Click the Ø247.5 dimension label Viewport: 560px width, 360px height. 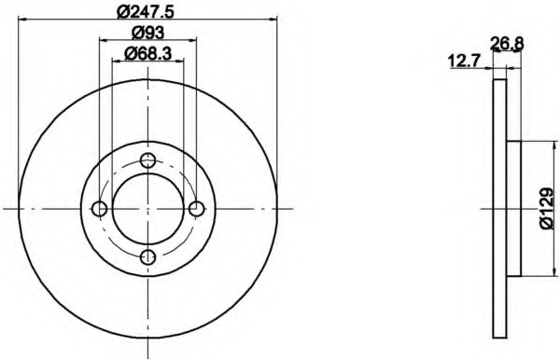coord(147,11)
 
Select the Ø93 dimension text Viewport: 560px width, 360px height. coord(147,33)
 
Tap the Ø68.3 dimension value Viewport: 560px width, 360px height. coord(147,53)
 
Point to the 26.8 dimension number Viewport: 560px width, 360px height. coord(507,44)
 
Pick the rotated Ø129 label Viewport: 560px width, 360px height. coord(547,208)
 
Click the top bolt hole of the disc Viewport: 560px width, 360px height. coord(147,160)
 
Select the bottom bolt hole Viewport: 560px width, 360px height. coord(147,256)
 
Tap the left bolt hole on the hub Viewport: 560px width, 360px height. coord(99,209)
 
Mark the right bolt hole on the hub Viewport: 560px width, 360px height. coord(196,209)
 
